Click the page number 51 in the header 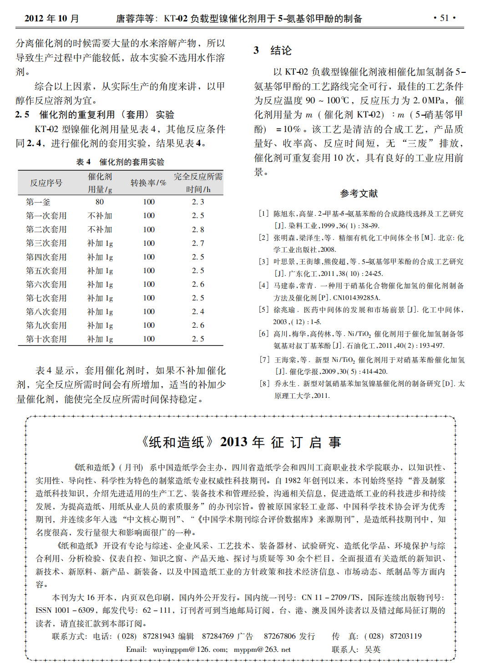444,18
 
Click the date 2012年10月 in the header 51,19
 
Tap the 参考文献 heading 359,193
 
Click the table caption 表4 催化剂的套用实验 120,162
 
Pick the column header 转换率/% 148,183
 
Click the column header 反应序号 46,183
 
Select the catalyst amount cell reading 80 100,202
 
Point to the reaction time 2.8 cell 198,229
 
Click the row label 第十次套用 46,339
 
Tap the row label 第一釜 38,202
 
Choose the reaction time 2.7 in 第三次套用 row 198,243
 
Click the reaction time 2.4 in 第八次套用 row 198,312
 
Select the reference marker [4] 264,285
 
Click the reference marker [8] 264,384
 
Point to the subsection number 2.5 22,115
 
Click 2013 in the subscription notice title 233,442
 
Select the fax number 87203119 405,636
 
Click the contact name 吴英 372,650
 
